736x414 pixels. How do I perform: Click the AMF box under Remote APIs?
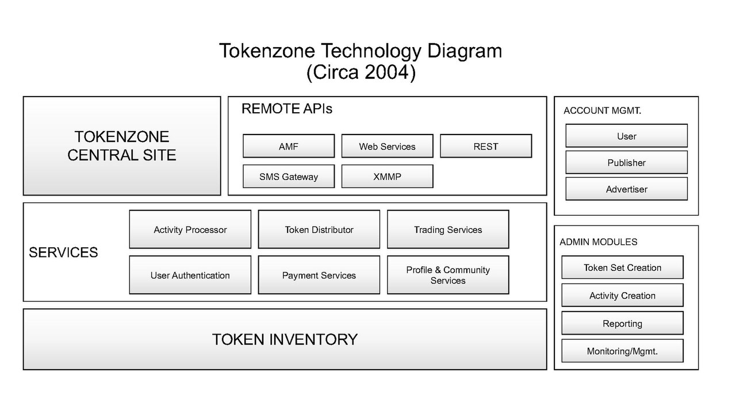289,146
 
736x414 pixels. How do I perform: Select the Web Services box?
388,146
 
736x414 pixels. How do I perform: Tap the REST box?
486,146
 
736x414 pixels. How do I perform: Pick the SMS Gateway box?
289,177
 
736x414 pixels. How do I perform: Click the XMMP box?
388,177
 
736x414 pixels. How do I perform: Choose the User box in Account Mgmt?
627,136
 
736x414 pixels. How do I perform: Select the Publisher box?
627,162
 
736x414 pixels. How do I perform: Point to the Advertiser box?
627,189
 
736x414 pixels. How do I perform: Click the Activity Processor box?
190,229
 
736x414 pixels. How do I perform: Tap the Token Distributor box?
319,229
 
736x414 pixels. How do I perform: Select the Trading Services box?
448,229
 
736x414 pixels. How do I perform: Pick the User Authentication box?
190,275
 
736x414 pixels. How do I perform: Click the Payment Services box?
319,275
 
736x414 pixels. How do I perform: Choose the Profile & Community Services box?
448,275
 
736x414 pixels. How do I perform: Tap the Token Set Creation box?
623,267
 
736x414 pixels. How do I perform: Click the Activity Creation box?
623,296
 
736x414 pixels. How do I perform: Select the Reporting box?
623,323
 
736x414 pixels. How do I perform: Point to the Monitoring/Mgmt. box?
623,351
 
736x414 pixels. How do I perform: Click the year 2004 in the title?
386,72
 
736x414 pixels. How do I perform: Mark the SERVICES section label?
63,252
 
